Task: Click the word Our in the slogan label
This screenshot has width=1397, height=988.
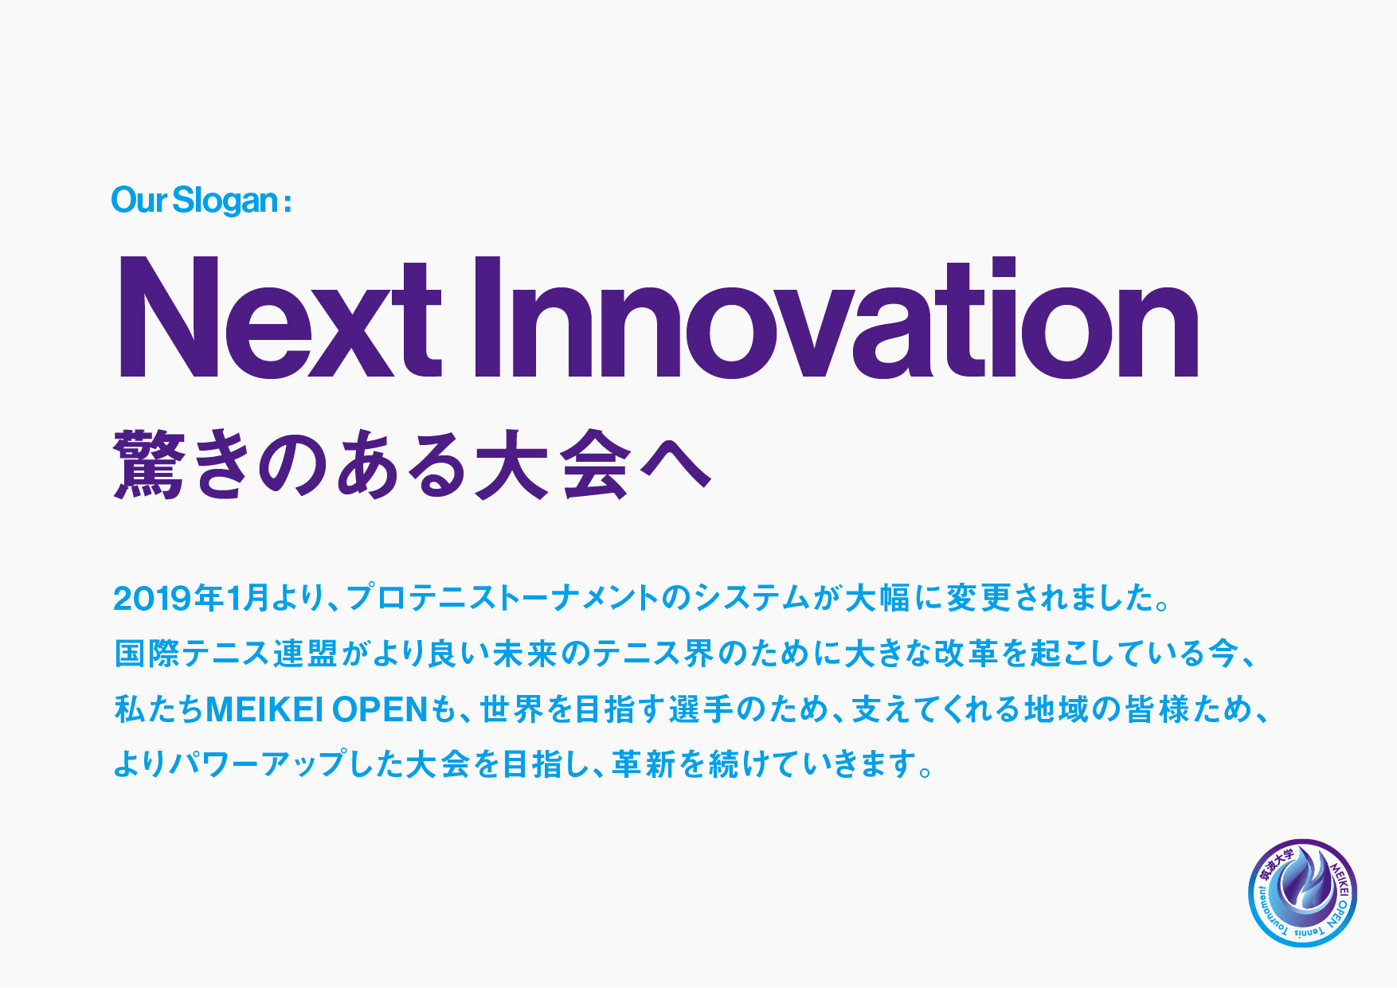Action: coord(139,200)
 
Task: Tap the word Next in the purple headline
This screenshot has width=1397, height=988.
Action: coord(279,316)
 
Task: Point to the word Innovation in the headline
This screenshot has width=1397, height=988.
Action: coord(835,316)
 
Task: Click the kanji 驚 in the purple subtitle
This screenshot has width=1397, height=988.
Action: coord(149,464)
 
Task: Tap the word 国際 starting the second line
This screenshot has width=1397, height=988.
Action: coord(147,654)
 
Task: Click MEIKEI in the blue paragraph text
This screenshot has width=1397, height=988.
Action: coord(264,709)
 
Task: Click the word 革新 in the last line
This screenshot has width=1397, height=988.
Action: coord(644,765)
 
